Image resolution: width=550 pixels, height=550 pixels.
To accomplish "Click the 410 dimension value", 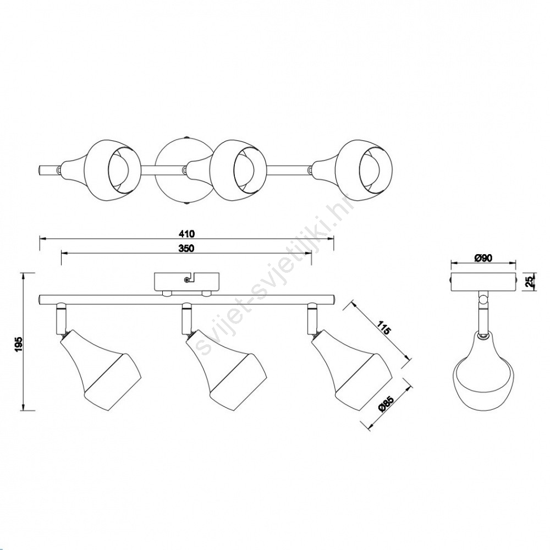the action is coord(186,234).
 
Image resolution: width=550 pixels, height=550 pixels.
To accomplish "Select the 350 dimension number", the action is coord(186,249).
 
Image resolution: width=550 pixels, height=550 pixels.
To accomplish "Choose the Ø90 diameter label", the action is coord(483,258).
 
